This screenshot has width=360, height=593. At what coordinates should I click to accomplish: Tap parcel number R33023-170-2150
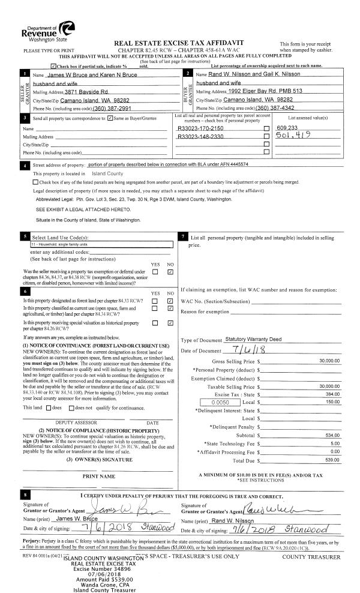point(200,128)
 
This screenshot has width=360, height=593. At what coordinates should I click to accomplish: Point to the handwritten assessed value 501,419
point(292,136)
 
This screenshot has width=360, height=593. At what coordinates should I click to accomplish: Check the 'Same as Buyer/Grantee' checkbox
point(109,120)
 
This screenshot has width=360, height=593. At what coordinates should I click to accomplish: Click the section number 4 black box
point(25,164)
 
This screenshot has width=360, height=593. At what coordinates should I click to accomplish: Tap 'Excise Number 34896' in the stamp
point(100,564)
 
